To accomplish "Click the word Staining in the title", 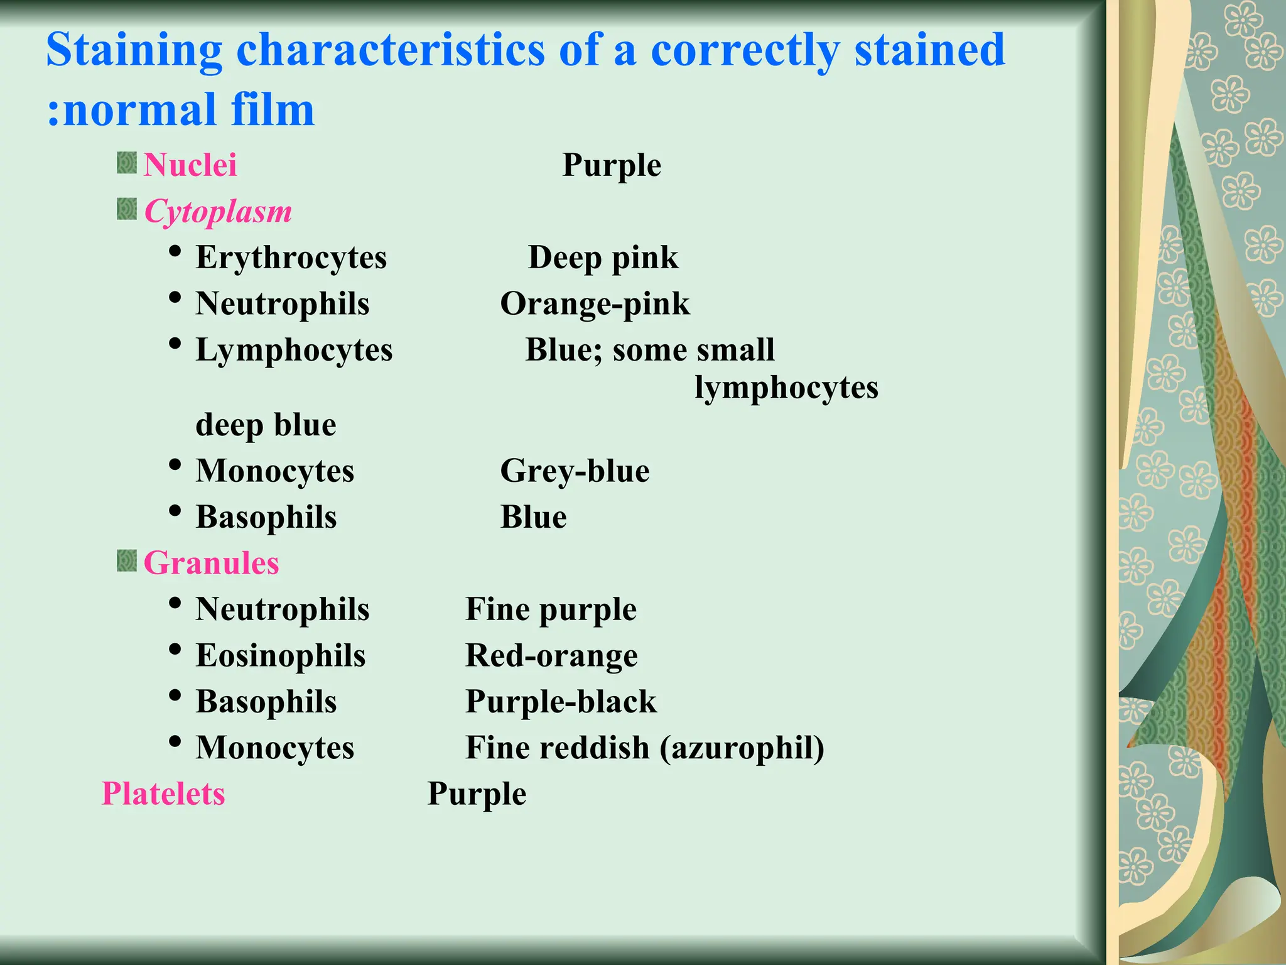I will click(134, 50).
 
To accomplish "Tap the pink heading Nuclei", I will click(190, 165).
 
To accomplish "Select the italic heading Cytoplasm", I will click(218, 212).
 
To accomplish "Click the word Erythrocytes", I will click(291, 258).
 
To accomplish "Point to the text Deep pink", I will click(603, 258).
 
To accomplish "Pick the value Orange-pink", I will click(595, 304).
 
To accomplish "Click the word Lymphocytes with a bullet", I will click(294, 350).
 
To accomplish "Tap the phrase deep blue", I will click(266, 425).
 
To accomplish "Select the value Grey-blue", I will click(575, 471).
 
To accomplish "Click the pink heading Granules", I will click(211, 563).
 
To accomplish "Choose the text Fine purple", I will click(551, 609).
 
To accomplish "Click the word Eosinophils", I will click(281, 656).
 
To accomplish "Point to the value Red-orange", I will click(551, 656).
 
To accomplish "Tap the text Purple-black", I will click(561, 702).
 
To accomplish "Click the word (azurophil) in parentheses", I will click(742, 748).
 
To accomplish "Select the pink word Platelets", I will click(163, 793).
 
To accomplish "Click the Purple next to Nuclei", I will click(612, 165).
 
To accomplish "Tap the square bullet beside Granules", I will click(127, 560).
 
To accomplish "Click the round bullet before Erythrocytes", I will click(176, 252).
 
